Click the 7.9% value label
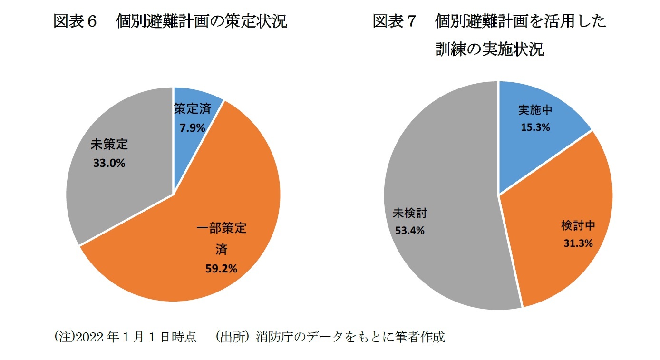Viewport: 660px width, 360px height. coord(192,127)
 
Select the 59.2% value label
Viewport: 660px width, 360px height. coord(221,269)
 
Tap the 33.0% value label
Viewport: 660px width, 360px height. coord(109,163)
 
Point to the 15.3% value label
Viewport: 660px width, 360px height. coord(534,127)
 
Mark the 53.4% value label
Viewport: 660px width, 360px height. coord(409,231)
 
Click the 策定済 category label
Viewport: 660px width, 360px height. coord(192,109)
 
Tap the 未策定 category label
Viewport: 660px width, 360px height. coord(109,145)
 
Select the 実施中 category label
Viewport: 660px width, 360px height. coord(535,110)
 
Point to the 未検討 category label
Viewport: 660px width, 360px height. coord(409,213)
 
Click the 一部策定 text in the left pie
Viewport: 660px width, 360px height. coord(221,228)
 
